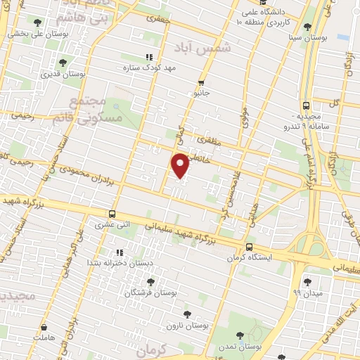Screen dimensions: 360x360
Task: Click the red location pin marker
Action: (181, 165)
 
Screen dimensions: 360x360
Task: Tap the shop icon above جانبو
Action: (202, 82)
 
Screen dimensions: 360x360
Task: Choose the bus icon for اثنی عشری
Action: (112, 214)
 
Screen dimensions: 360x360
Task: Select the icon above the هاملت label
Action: (44, 327)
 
